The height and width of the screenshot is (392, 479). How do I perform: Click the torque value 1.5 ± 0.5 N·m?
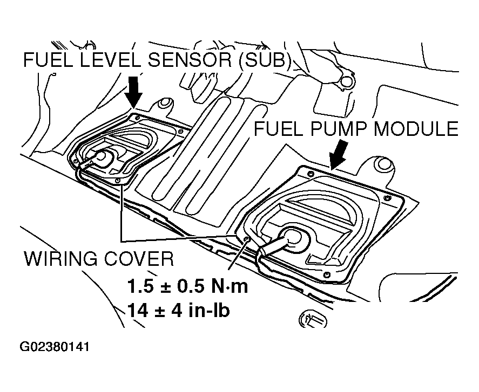coord(187,286)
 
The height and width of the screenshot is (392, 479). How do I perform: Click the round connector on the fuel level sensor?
coord(101,156)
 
